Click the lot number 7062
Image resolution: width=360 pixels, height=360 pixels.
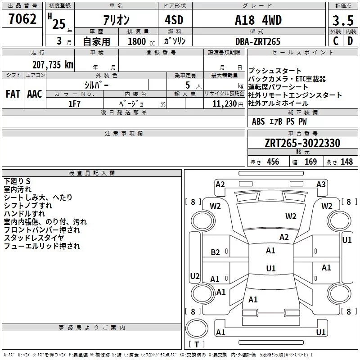pyautogui.click(x=22, y=19)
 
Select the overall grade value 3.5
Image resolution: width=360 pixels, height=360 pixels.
pyautogui.click(x=343, y=21)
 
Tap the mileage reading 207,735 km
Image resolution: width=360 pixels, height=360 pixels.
pyautogui.click(x=53, y=65)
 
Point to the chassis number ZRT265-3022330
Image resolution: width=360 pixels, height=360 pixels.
pyautogui.click(x=302, y=143)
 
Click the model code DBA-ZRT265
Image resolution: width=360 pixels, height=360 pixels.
pyautogui.click(x=258, y=41)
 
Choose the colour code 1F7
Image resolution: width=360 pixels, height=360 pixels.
pyautogui.click(x=74, y=104)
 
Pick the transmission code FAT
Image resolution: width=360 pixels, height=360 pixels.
pyautogui.click(x=13, y=94)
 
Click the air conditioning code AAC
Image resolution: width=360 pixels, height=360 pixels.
pyautogui.click(x=35, y=94)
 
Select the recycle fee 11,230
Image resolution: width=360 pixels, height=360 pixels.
pyautogui.click(x=225, y=104)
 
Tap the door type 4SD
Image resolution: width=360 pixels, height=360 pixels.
pyautogui.click(x=174, y=20)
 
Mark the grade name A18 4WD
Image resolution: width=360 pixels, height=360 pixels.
pyautogui.click(x=258, y=20)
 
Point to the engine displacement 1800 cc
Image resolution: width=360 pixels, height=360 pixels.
pyautogui.click(x=141, y=41)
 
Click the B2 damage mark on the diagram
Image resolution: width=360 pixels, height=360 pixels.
pyautogui.click(x=216, y=252)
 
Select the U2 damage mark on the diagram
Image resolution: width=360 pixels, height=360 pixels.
pyautogui.click(x=195, y=276)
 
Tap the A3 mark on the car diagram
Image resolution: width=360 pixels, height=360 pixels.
pyautogui.click(x=321, y=184)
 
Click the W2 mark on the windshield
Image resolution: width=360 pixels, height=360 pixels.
pyautogui.click(x=291, y=216)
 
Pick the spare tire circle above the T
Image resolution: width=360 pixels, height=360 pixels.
pyautogui.click(x=197, y=328)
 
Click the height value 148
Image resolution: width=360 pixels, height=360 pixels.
pyautogui.click(x=346, y=162)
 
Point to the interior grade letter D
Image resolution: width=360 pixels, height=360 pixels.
pyautogui.click(x=350, y=41)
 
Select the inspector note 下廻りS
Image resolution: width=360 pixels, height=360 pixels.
pyautogui.click(x=17, y=181)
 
